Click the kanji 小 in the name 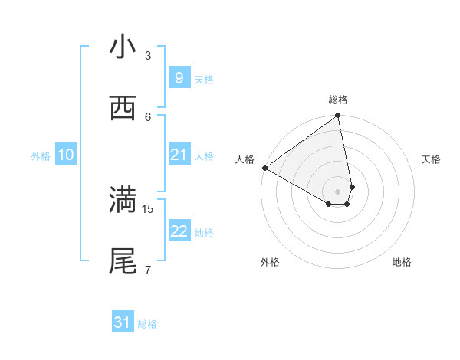tap(123, 47)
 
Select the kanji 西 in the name tap(123, 109)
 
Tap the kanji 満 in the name tap(123, 201)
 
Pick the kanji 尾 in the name tap(123, 261)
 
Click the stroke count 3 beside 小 tap(148, 56)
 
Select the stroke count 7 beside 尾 tap(148, 270)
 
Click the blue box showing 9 tap(179, 77)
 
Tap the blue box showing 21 tap(179, 155)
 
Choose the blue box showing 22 tap(179, 231)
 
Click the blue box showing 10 tap(66, 155)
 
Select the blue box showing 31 tap(122, 322)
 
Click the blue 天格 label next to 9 tap(204, 80)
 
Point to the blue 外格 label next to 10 tap(41, 156)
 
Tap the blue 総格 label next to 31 tap(147, 325)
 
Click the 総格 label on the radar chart tap(338, 100)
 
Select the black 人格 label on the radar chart tap(245, 159)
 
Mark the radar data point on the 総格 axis tap(338, 116)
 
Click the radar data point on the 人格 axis tap(265, 168)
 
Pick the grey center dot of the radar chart tap(338, 191)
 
